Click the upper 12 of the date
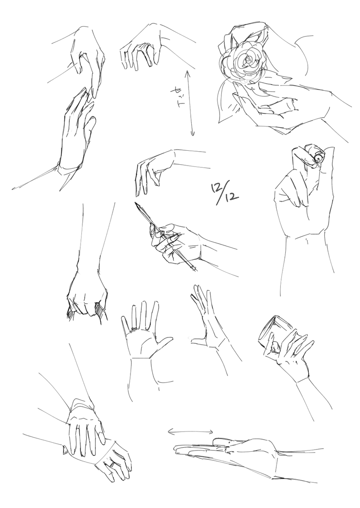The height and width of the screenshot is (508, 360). click(216, 188)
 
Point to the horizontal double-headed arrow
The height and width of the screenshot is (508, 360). click(190, 432)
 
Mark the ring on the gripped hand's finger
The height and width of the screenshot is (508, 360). click(111, 465)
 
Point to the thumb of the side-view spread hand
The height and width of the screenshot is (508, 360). click(198, 340)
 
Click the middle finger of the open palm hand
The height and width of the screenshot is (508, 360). click(143, 314)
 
